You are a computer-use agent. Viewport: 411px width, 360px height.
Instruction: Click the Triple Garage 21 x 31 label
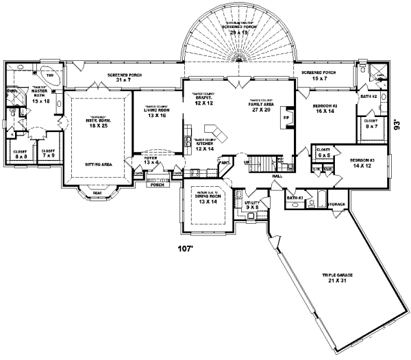click(340, 277)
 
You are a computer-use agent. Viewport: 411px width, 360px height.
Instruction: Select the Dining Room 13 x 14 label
click(206, 199)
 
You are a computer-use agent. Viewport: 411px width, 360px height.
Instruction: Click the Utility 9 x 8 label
click(253, 206)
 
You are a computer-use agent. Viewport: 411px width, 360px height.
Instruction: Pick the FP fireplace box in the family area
click(286, 118)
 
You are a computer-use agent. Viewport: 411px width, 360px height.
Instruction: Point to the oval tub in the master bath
click(50, 75)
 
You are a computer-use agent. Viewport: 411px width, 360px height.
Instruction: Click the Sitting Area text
click(99, 165)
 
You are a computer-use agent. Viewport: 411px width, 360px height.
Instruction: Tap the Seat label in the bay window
click(98, 194)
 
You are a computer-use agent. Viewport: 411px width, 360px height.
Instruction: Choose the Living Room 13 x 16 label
click(157, 112)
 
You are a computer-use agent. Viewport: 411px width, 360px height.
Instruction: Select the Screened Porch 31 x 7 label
click(123, 78)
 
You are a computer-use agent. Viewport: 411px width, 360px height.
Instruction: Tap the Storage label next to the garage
click(336, 203)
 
